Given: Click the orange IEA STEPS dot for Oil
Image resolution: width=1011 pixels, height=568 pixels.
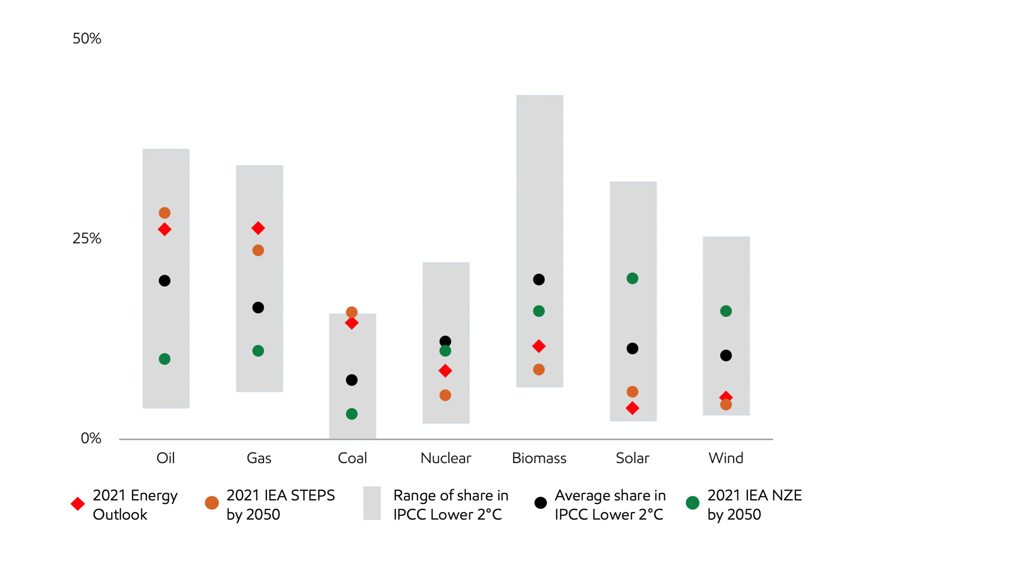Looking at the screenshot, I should (165, 213).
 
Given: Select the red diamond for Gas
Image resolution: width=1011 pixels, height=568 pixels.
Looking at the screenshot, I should (258, 228).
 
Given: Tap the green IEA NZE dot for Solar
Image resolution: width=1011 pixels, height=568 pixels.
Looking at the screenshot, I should (632, 278).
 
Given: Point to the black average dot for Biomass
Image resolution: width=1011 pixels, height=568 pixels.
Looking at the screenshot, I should (539, 280).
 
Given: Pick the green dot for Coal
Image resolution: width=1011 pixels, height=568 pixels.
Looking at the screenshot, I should (352, 414).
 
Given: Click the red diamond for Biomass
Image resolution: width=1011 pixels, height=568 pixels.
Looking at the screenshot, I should (539, 346).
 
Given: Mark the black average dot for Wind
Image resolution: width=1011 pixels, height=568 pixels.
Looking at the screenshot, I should (726, 355).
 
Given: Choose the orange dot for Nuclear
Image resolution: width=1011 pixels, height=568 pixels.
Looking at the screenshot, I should (445, 395).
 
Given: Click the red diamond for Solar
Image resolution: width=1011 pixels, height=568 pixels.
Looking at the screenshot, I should (632, 408).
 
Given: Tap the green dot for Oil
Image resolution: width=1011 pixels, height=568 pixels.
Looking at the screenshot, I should (165, 359).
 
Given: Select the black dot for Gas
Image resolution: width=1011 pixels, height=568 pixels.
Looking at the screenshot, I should (258, 308).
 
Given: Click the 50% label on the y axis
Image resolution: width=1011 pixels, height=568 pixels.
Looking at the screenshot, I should (87, 39).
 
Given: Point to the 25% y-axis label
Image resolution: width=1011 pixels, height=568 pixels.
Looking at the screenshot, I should (87, 239).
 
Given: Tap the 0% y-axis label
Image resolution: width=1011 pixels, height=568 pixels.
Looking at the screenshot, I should (91, 439).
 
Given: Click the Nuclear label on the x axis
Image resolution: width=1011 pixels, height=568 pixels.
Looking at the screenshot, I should (445, 458).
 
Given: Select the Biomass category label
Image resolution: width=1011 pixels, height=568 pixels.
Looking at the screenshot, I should (539, 458).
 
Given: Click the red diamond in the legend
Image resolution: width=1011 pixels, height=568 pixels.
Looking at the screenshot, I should (78, 504).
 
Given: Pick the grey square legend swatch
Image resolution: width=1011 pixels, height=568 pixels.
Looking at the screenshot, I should (372, 503).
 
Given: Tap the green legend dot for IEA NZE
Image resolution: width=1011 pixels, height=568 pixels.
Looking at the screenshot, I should (692, 503).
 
